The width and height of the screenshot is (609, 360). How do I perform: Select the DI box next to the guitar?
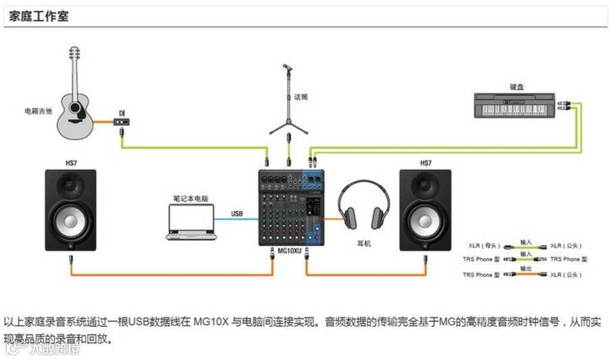pyautogui.click(x=122, y=122)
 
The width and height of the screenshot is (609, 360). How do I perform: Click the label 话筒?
pyautogui.click(x=301, y=97)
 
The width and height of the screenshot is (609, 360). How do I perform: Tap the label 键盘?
pyautogui.click(x=517, y=87)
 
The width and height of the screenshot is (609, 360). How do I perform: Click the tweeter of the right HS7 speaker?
pyautogui.click(x=425, y=185)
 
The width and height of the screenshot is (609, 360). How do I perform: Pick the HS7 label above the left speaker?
pyautogui.click(x=71, y=163)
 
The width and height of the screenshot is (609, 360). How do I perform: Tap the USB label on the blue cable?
pyautogui.click(x=236, y=214)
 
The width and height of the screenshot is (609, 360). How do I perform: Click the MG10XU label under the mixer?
pyautogui.click(x=290, y=250)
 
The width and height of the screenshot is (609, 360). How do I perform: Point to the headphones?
pyautogui.click(x=363, y=206)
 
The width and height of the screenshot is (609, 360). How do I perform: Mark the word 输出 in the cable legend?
pyautogui.click(x=526, y=269)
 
